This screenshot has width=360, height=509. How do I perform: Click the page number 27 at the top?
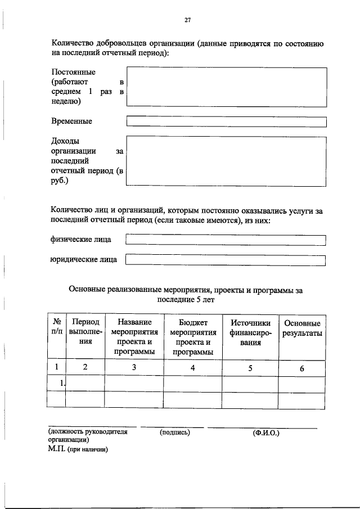pos(188,20)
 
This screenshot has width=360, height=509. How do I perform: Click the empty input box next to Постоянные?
pos(226,86)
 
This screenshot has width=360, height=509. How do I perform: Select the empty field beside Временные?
pos(226,121)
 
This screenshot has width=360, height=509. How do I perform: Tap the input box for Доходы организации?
pos(226,160)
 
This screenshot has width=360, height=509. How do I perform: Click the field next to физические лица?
pos(226,240)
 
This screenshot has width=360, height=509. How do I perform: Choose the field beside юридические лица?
pos(226,260)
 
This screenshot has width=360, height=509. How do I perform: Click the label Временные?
pos(71,121)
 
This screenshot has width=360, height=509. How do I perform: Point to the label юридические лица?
pos(84,260)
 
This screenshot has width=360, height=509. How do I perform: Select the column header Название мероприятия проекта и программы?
pos(134,337)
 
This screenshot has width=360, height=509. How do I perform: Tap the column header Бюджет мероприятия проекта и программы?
pos(193,337)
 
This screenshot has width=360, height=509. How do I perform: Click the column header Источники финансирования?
pos(250,332)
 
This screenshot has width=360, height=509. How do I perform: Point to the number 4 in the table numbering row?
pos(193,368)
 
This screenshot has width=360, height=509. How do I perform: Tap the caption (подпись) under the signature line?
pos(175,433)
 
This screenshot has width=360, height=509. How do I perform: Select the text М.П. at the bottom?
pos(56,450)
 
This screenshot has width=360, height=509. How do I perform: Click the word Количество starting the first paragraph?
pos(73,43)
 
